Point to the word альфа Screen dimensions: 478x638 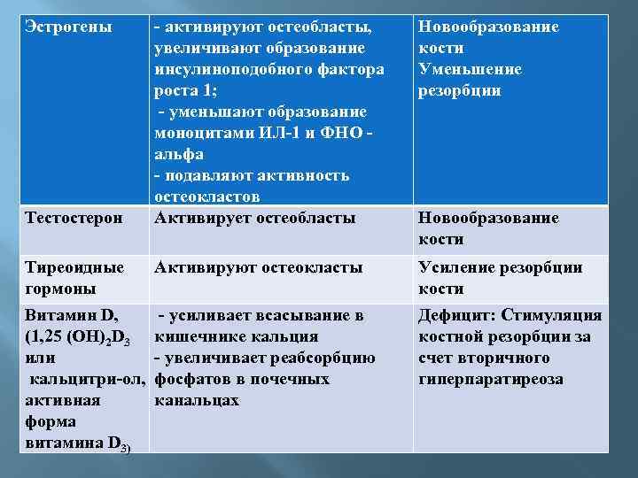click(179, 155)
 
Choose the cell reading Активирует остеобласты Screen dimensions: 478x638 click(255, 219)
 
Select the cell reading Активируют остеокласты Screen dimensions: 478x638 click(258, 268)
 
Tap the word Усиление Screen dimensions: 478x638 click(458, 268)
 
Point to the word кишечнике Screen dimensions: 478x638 click(201, 337)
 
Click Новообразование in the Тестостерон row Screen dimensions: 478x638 click(488, 219)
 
